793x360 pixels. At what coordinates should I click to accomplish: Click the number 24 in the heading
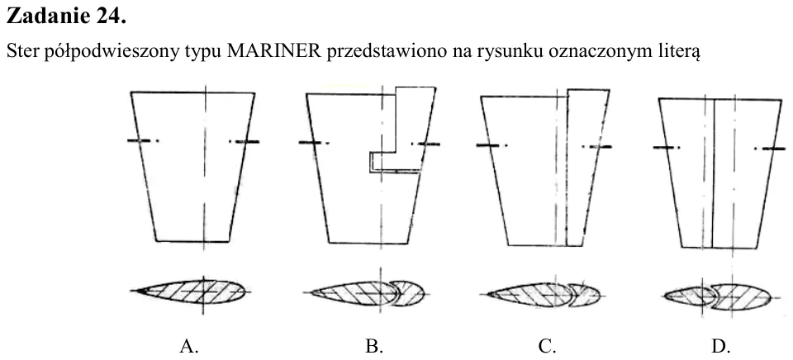click(x=110, y=17)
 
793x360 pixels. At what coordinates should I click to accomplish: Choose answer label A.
click(x=188, y=346)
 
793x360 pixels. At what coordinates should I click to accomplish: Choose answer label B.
click(x=374, y=346)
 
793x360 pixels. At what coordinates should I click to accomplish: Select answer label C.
click(x=547, y=346)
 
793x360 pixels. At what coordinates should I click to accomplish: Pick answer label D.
click(x=721, y=346)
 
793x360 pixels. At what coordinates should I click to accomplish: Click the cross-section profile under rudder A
click(x=189, y=291)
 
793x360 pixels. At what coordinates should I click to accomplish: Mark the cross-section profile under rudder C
click(x=544, y=295)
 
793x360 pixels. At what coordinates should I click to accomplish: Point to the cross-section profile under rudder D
click(x=717, y=297)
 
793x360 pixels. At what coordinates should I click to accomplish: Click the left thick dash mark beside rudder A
click(x=139, y=140)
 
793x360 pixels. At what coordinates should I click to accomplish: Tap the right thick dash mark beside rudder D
click(x=774, y=149)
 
